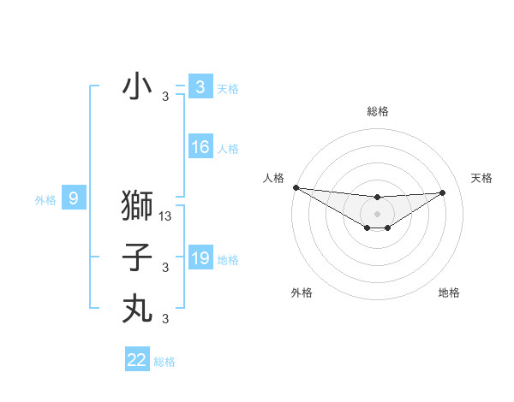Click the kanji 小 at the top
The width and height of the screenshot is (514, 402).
(x=137, y=86)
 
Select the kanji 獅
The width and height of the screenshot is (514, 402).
(x=137, y=206)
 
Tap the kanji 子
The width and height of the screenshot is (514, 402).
(x=137, y=257)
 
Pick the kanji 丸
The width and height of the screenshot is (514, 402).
(x=137, y=308)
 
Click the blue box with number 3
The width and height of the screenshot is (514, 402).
(x=200, y=86)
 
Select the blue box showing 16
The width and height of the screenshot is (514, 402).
(x=200, y=147)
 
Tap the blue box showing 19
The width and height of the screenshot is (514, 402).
(x=200, y=258)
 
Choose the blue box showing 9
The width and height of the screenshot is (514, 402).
(x=74, y=198)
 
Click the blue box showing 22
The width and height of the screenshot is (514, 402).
(x=137, y=360)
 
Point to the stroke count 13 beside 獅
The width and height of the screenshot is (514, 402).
(x=166, y=216)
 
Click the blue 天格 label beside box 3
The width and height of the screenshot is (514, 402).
(x=228, y=88)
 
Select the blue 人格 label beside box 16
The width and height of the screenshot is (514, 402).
(x=228, y=149)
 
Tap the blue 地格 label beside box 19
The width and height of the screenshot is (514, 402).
(x=228, y=260)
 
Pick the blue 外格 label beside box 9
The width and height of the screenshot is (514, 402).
(x=45, y=200)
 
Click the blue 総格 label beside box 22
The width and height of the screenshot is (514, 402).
(x=164, y=362)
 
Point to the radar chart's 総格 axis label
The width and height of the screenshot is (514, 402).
(x=377, y=111)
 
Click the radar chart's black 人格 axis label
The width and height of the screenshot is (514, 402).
(x=273, y=178)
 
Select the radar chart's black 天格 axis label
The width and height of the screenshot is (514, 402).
(x=481, y=178)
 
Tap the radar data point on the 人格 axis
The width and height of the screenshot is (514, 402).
(x=296, y=187)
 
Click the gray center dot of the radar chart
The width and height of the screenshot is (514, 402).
(x=377, y=213)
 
